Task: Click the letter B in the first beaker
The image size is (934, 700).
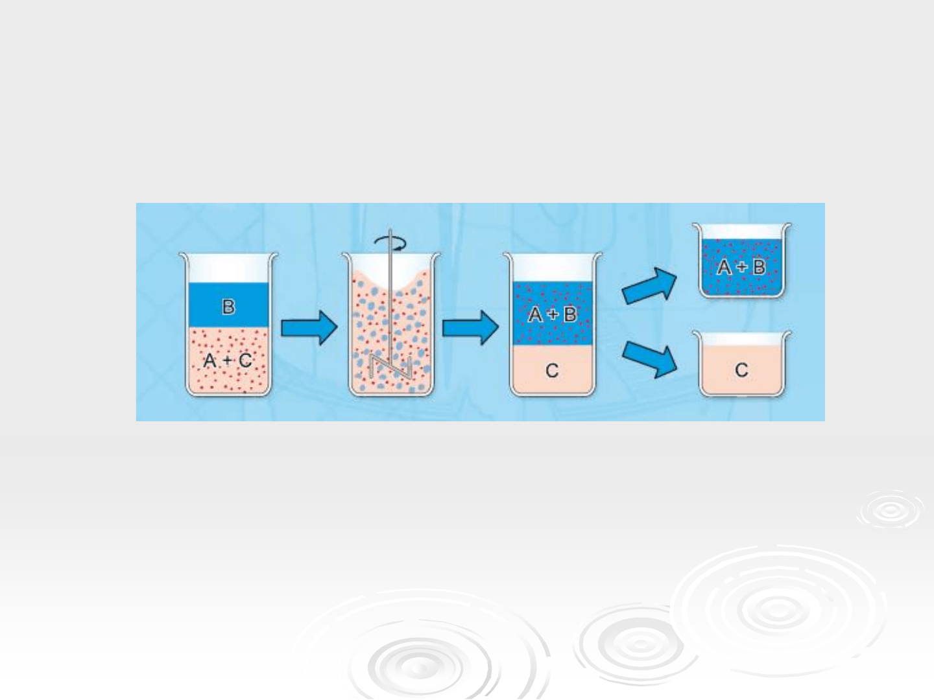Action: pos(228,307)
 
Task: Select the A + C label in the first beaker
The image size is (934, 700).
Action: pos(228,360)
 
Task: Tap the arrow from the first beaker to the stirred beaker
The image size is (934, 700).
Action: pos(309,328)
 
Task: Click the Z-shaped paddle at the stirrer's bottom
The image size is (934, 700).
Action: pos(390,366)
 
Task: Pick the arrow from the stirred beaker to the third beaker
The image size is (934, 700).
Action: pos(470,328)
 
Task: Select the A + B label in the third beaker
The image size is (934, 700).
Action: pos(553,314)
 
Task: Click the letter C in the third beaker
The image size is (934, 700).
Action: pos(553,371)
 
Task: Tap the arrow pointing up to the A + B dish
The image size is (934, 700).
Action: pos(649,286)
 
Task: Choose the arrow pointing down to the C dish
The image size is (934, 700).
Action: pos(649,360)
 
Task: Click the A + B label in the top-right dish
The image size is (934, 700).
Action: pos(741,267)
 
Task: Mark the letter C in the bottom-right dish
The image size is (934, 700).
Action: pos(741,369)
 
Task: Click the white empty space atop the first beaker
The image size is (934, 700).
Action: pos(228,268)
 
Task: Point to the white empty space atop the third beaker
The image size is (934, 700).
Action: pos(553,268)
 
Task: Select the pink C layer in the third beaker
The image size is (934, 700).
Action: pos(553,369)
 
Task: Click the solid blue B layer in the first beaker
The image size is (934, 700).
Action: pos(228,305)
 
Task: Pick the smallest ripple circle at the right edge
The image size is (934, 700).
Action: pos(890,511)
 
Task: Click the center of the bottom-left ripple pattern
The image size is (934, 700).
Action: pos(419,668)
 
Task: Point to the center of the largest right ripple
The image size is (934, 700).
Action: pos(778,611)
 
